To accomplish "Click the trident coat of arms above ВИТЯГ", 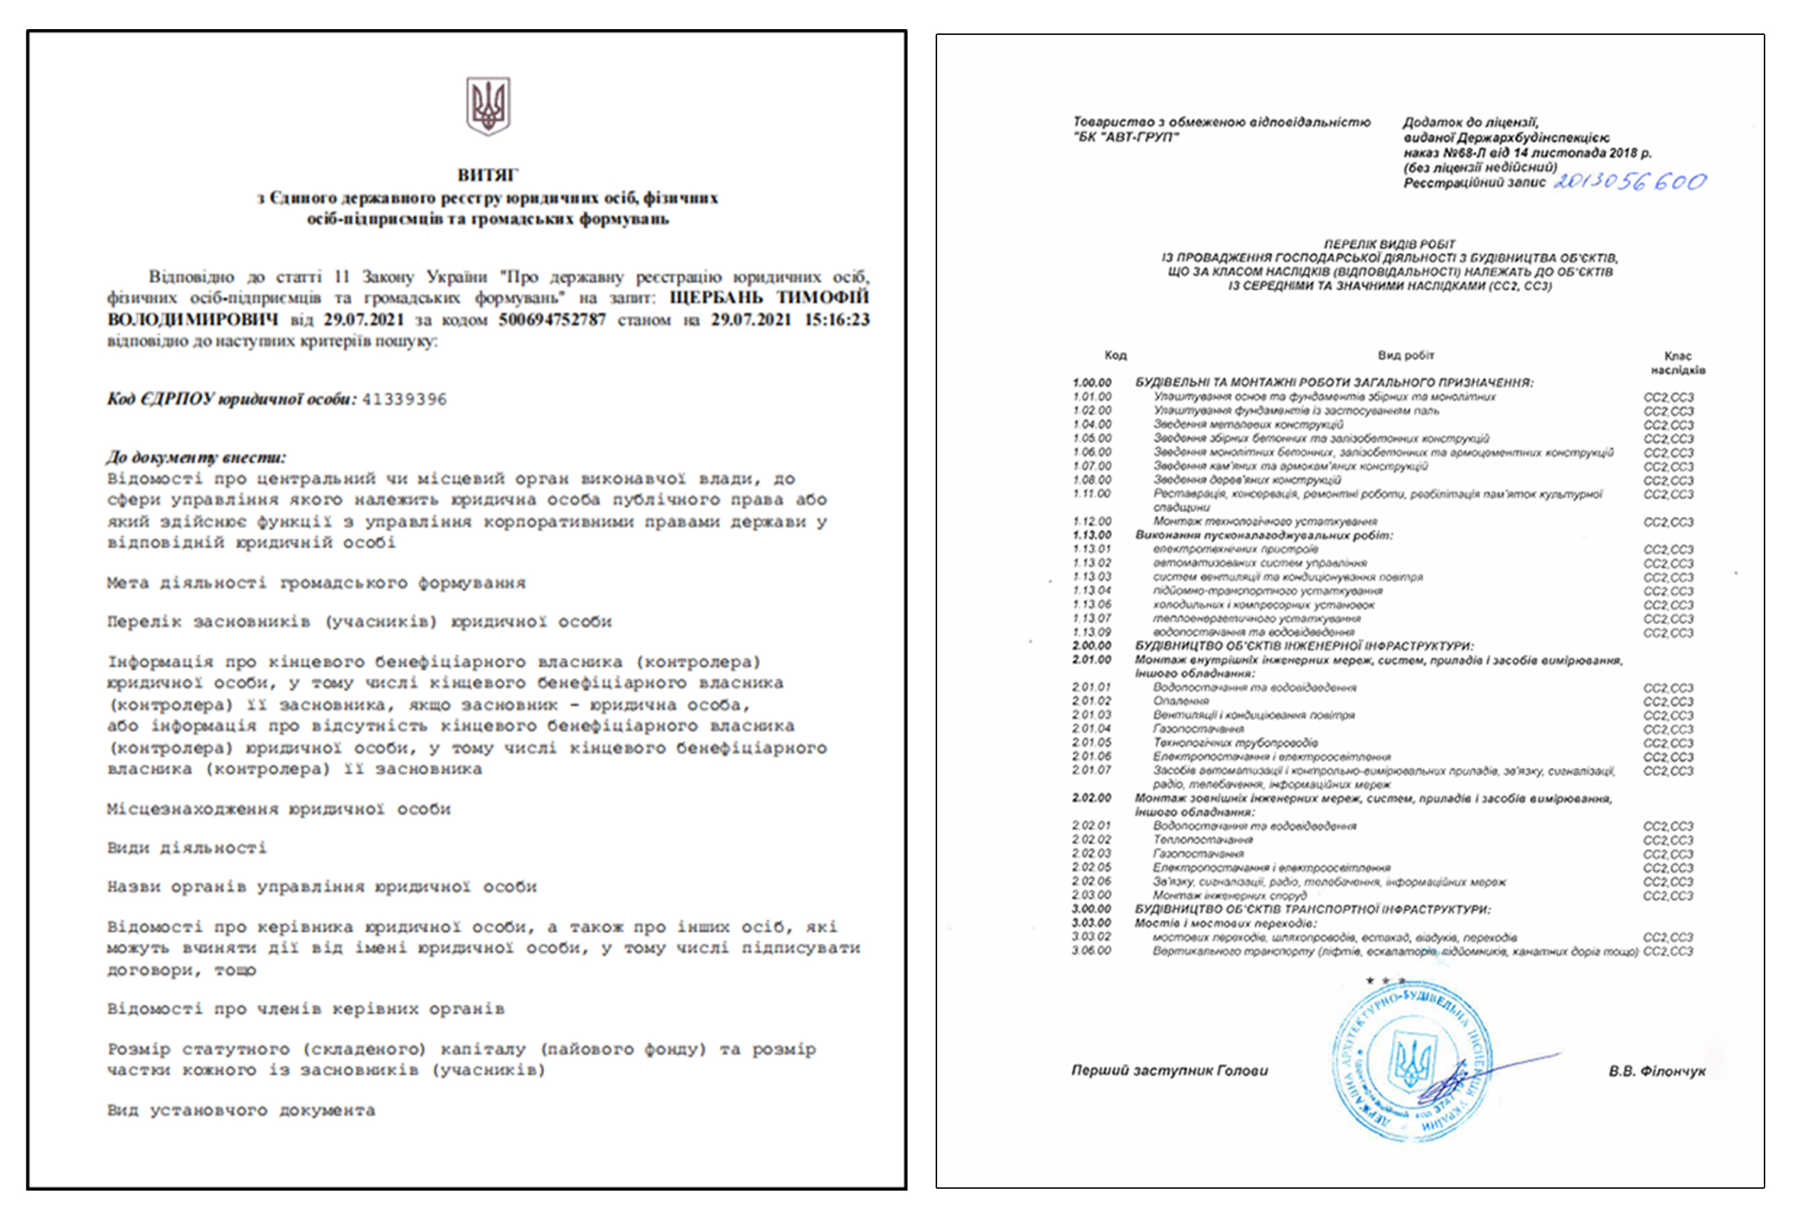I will point(488,105).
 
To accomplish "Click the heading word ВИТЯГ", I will point(488,175).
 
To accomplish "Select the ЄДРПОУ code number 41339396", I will point(405,399).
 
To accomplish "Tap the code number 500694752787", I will point(552,320).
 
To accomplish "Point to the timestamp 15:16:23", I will point(837,320).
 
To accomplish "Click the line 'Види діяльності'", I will point(187,848).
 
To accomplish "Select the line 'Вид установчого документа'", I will point(241,1110).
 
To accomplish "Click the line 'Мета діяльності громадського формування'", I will point(316,583).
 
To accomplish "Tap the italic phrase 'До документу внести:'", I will point(196,457).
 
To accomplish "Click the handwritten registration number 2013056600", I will point(1630,182).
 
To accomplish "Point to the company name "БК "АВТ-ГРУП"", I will point(1125,137).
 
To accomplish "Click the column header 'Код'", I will point(1115,356).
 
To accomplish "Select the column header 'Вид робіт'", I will point(1406,356).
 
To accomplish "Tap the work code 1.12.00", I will point(1092,522).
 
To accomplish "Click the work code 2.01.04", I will point(1091,729).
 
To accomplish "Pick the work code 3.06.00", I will point(1091,951).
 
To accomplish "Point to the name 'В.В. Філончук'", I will point(1657,1071).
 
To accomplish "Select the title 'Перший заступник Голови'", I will point(1170,1070).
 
